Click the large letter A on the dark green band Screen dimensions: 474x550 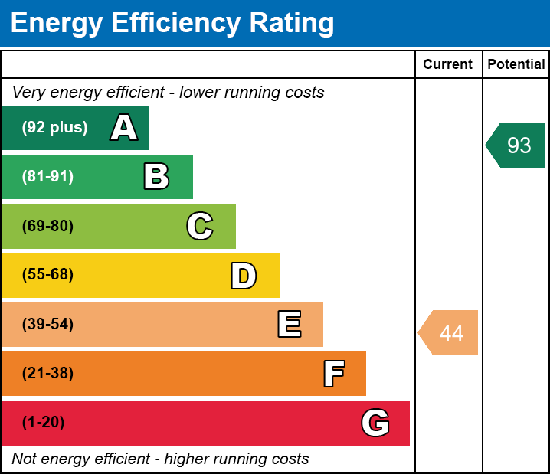pyautogui.click(x=124, y=128)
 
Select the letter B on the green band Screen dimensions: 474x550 pyautogui.click(x=156, y=177)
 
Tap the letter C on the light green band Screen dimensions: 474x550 pyautogui.click(x=200, y=226)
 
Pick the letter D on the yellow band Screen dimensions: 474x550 pyautogui.click(x=244, y=276)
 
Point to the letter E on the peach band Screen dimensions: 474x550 pyautogui.click(x=289, y=325)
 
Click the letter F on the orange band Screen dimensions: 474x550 pyautogui.click(x=333, y=374)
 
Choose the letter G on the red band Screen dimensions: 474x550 pyautogui.click(x=375, y=423)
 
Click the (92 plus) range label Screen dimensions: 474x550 pyautogui.click(x=54, y=128)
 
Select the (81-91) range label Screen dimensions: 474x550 pyautogui.click(x=47, y=177)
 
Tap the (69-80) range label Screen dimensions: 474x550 pyautogui.click(x=47, y=226)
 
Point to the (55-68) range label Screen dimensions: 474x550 pyautogui.click(x=47, y=275)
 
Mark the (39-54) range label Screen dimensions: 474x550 pyautogui.click(x=47, y=325)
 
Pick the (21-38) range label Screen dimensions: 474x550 pyautogui.click(x=47, y=374)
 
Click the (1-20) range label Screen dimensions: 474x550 pyautogui.click(x=44, y=423)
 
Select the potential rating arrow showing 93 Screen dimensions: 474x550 pyautogui.click(x=516, y=145)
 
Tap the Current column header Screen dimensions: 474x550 pyautogui.click(x=448, y=65)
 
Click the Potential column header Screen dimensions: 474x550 pyautogui.click(x=516, y=65)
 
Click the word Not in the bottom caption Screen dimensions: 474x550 pyautogui.click(x=25, y=459)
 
